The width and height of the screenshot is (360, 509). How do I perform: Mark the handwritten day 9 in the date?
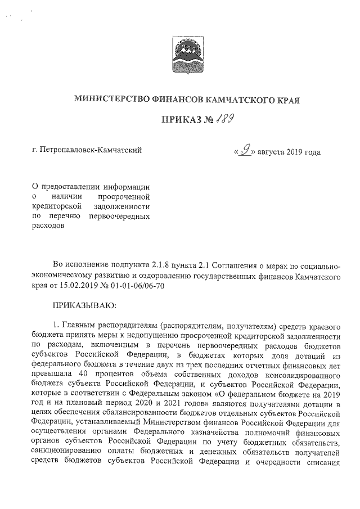click(244, 150)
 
